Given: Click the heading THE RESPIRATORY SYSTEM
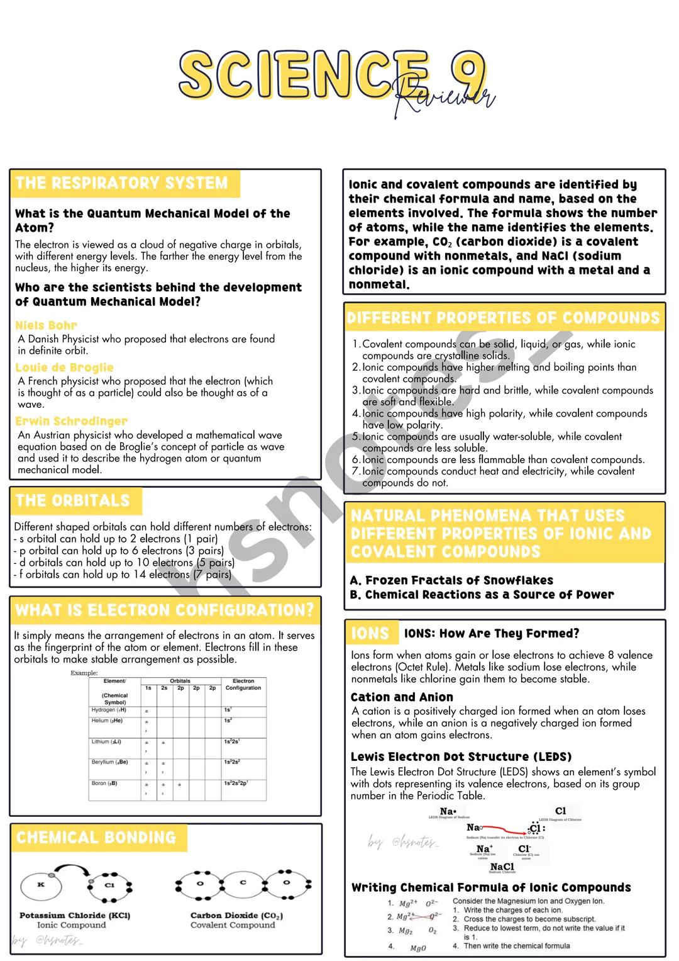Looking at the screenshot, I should point(121,183).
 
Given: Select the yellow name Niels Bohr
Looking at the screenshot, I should point(46,325).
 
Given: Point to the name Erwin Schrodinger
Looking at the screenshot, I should point(71,421).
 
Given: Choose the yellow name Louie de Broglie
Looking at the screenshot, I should point(64,368).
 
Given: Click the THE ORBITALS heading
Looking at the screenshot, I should point(72,501).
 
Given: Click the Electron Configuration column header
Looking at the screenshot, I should point(243,684).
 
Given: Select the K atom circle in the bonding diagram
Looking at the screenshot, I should point(41,885).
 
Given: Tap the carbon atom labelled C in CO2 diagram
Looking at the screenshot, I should point(243,883).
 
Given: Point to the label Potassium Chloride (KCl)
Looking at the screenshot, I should point(75,915).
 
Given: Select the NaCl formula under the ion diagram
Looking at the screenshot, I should point(502,867).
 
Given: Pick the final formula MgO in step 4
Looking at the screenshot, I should point(418,948).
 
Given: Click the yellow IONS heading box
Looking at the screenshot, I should point(371,633).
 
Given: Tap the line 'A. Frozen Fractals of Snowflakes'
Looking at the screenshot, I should point(451,580).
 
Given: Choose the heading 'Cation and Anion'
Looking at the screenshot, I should point(402,697).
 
